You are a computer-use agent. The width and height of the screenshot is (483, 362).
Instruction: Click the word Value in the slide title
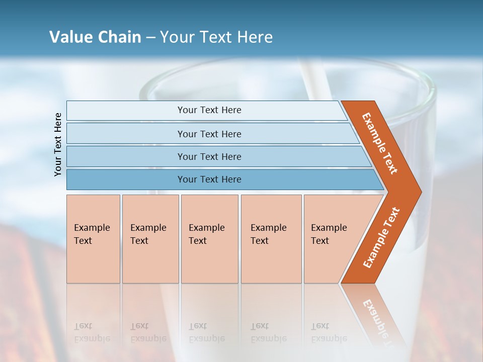point(70,37)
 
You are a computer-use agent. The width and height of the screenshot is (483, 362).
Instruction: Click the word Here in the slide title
point(255,37)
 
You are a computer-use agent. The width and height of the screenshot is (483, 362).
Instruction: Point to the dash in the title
point(150,38)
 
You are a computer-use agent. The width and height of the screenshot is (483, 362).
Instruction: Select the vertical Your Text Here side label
point(58,144)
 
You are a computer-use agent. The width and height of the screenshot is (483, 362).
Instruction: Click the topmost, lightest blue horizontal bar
point(209,110)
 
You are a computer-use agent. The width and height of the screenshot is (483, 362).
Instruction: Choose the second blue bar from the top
point(209,134)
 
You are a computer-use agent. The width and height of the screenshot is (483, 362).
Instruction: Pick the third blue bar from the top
point(209,156)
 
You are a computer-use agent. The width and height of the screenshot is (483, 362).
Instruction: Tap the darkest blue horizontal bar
point(209,179)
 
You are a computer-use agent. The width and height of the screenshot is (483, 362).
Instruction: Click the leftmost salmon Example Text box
point(93,239)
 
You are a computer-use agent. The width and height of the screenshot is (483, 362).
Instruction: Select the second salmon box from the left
point(150,239)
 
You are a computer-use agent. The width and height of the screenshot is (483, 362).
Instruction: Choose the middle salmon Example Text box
point(209,239)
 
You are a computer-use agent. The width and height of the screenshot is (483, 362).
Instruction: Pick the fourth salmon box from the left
point(271,239)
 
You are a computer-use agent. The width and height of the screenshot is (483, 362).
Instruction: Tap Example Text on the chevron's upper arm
point(380,143)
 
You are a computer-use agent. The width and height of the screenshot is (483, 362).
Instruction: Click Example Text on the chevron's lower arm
point(381,237)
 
